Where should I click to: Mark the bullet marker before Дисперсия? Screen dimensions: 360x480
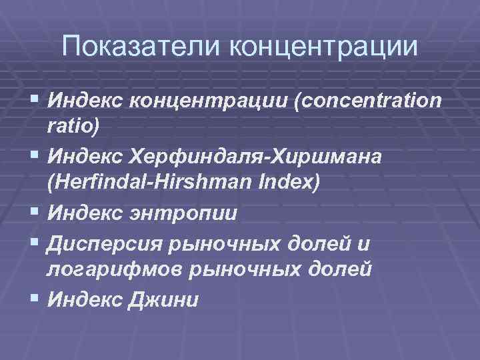coord(35,243)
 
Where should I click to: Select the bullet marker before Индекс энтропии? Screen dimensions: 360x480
coord(35,213)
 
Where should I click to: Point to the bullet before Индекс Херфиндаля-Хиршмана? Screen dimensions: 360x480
coord(35,156)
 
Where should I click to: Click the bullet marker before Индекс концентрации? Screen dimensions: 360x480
coord(35,99)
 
